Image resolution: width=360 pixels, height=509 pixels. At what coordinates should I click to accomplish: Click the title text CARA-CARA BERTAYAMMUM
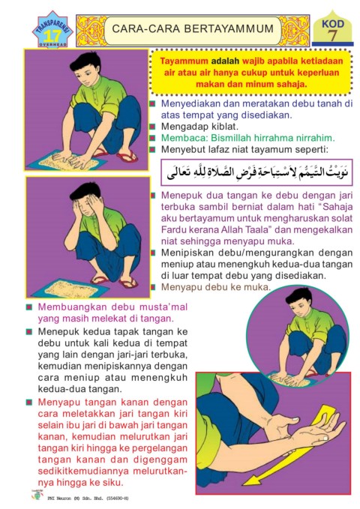pyautogui.click(x=193, y=28)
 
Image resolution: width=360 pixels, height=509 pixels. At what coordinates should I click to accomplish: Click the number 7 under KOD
pyautogui.click(x=332, y=36)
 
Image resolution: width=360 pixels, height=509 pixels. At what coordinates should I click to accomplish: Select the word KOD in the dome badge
pyautogui.click(x=333, y=24)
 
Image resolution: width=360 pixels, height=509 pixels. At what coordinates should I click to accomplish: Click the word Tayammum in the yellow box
pyautogui.click(x=184, y=61)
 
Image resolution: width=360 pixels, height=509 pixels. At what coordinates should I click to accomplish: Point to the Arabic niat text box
pyautogui.click(x=257, y=172)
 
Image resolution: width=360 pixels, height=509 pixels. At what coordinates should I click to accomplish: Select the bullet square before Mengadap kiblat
pyautogui.click(x=152, y=127)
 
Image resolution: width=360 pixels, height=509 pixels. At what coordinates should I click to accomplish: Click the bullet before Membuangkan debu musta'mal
pyautogui.click(x=29, y=307)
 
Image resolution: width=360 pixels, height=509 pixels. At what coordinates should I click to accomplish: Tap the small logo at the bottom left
pyautogui.click(x=37, y=496)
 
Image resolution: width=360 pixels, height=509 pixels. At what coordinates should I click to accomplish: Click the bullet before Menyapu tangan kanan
pyautogui.click(x=29, y=403)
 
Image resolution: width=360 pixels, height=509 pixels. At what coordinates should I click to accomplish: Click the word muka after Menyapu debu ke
pyautogui.click(x=257, y=287)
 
